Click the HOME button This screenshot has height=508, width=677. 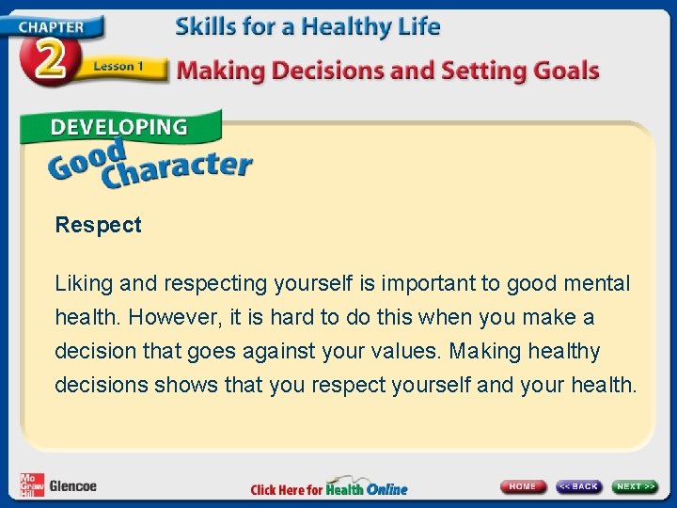[x=523, y=486]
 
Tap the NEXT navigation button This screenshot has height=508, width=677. [x=636, y=486]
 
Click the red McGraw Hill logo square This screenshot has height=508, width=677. [x=31, y=484]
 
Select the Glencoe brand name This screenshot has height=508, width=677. [x=72, y=486]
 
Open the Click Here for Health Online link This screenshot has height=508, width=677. [x=329, y=488]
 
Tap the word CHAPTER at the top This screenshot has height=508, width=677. [x=49, y=26]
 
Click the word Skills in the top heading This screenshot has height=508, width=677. [x=205, y=26]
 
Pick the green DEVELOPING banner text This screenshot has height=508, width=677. [x=118, y=127]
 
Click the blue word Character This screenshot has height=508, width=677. [x=179, y=169]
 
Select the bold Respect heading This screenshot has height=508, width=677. [x=98, y=225]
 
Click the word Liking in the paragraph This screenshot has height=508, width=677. [x=83, y=283]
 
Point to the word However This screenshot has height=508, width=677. [x=167, y=317]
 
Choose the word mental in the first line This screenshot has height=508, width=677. [x=597, y=283]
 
